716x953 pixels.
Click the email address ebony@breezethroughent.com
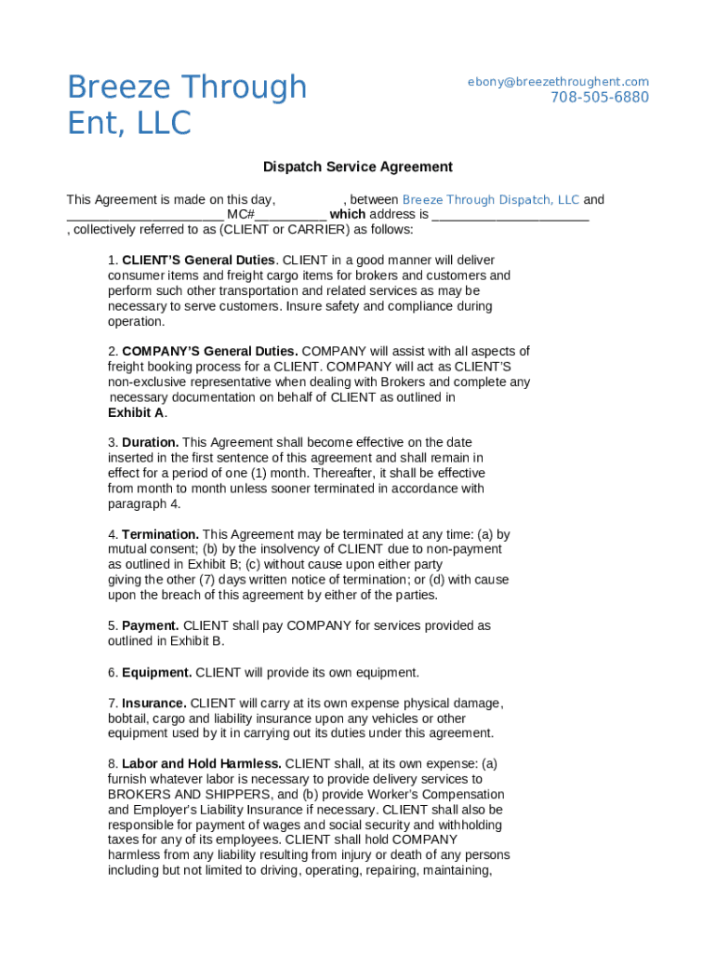pyautogui.click(x=558, y=82)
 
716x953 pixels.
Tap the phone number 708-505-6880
pyautogui.click(x=599, y=98)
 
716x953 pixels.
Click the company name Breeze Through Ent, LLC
pyautogui.click(x=186, y=104)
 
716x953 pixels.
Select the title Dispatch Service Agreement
pyautogui.click(x=357, y=168)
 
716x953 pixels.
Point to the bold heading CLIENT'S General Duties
pyautogui.click(x=198, y=261)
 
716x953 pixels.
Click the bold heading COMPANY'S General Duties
pyautogui.click(x=210, y=352)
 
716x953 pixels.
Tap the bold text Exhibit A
pyautogui.click(x=136, y=413)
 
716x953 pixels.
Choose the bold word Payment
pyautogui.click(x=150, y=626)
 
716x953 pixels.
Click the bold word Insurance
pyautogui.click(x=153, y=704)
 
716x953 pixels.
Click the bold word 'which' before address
pyautogui.click(x=348, y=215)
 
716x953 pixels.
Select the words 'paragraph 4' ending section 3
pyautogui.click(x=143, y=504)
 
